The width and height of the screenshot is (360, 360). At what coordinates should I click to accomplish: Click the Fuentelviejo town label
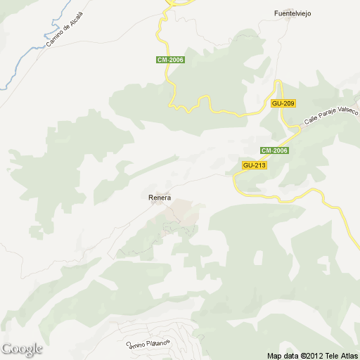pos(292,13)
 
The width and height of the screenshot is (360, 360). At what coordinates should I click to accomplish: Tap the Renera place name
pos(160,198)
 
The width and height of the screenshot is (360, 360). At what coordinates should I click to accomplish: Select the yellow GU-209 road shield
pos(282,103)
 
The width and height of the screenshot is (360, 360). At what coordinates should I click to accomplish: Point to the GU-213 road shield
pos(253,165)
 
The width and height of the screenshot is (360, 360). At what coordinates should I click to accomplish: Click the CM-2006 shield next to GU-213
pos(274,150)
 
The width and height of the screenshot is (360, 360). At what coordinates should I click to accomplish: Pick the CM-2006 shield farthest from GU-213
pos(170,60)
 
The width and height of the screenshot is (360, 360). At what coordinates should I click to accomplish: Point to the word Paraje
pos(327,117)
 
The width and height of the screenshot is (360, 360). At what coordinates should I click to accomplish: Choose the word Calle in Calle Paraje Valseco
pos(310,122)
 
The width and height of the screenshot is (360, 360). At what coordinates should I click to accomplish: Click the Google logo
pos(22,349)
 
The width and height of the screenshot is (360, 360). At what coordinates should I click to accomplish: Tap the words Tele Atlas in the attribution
pos(342,355)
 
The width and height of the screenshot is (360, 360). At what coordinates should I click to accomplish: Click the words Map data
pos(283,355)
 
